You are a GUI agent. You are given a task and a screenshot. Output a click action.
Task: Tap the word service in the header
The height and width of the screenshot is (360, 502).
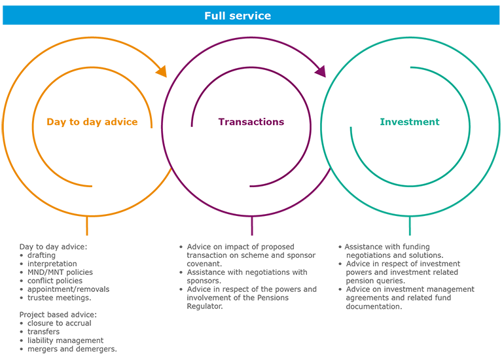248,16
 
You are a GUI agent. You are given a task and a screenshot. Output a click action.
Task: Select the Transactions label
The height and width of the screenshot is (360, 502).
251,122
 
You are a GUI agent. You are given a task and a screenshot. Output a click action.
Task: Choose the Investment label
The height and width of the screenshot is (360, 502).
410,122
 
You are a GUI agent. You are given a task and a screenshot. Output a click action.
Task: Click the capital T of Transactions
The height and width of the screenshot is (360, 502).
221,122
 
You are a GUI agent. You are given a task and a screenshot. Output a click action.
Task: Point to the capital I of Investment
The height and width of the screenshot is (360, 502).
382,122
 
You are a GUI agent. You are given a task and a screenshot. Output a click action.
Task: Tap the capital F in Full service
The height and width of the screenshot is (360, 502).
207,16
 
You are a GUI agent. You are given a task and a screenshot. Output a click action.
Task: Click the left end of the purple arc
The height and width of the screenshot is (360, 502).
192,126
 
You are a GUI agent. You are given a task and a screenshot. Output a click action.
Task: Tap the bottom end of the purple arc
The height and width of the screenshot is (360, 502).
251,186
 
